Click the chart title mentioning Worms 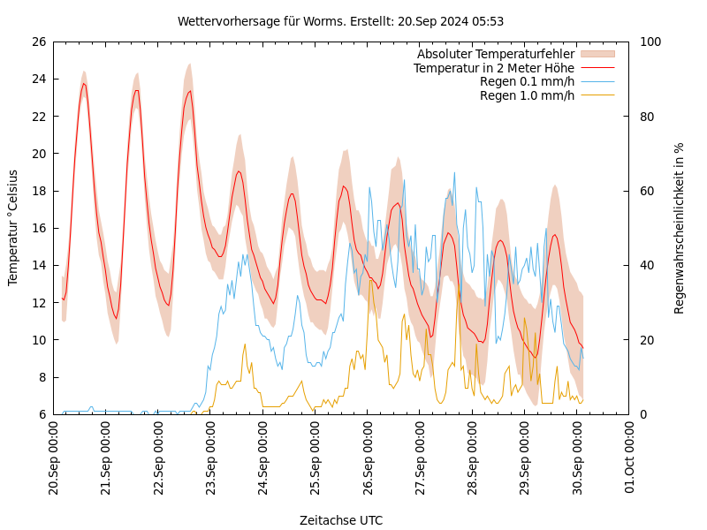[340, 21]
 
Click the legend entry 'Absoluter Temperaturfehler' [495, 55]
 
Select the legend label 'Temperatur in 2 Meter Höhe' [493, 68]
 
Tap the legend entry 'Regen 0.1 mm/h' [527, 82]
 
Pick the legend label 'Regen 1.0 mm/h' [527, 95]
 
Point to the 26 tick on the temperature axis [38, 42]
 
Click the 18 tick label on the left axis [38, 191]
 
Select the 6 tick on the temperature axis [42, 414]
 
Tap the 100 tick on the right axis [650, 42]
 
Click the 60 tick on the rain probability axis [647, 191]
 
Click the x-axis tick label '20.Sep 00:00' [53, 459]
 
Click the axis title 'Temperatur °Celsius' [13, 228]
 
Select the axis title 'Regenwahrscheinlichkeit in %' [680, 228]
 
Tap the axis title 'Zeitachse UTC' [340, 520]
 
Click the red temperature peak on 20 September [84, 84]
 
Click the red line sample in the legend [597, 68]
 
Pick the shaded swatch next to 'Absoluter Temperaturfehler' [597, 55]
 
